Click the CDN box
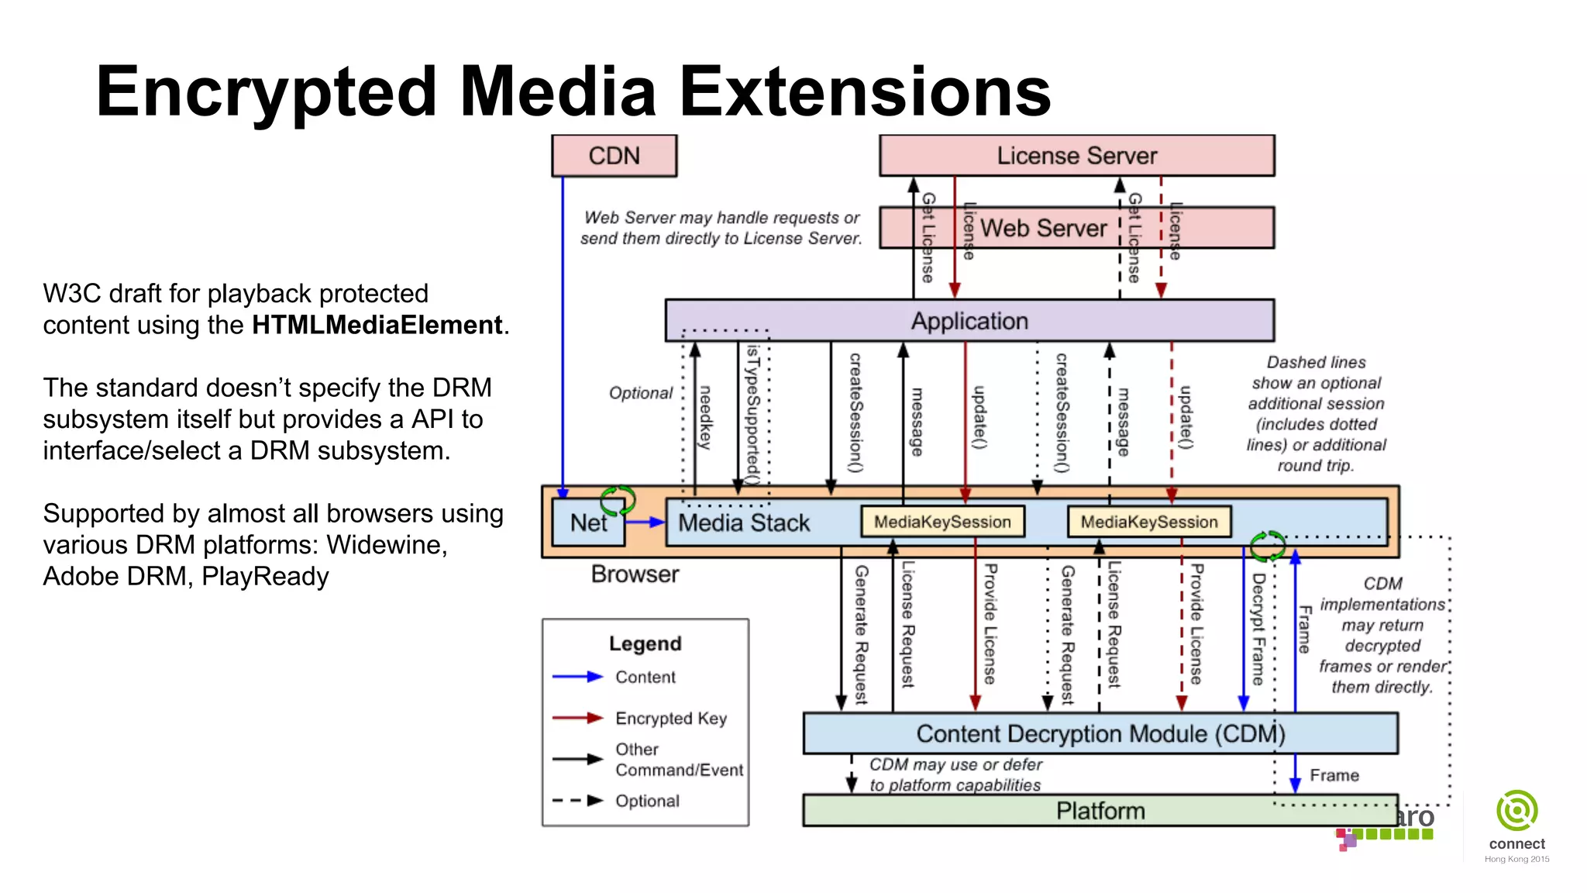614,156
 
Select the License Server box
1076,156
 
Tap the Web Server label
1043,228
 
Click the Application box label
969,321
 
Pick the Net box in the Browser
588,522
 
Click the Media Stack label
743,522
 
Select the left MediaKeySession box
942,522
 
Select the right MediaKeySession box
1149,522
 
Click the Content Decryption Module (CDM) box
1100,733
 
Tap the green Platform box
1100,811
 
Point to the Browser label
635,574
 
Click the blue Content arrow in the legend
577,677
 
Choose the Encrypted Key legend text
671,719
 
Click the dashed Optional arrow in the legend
577,801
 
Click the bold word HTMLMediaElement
377,325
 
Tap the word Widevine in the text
386,545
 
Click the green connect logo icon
1516,811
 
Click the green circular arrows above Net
618,500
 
